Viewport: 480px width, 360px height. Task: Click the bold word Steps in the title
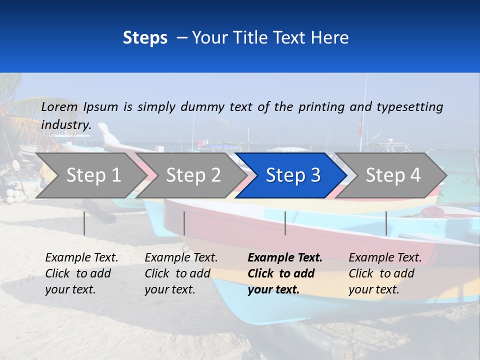(x=145, y=38)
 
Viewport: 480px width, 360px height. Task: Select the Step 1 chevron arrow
(x=90, y=175)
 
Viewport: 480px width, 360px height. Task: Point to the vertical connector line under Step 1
(x=84, y=223)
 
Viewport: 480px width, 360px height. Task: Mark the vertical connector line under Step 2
(x=184, y=223)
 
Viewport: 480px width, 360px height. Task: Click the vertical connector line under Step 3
(x=285, y=223)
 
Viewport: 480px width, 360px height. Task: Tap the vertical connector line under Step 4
(x=386, y=223)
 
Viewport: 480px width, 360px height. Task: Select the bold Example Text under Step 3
(x=285, y=273)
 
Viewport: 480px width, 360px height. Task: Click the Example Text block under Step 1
(x=81, y=273)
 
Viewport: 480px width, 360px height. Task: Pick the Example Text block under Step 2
(x=181, y=273)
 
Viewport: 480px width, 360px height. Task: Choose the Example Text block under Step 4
(x=385, y=273)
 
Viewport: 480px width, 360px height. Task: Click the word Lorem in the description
(x=59, y=106)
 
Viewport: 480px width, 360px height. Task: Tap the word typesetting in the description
(x=409, y=106)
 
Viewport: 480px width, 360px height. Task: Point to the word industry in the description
(x=65, y=125)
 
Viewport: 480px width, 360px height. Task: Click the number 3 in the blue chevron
(x=315, y=175)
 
